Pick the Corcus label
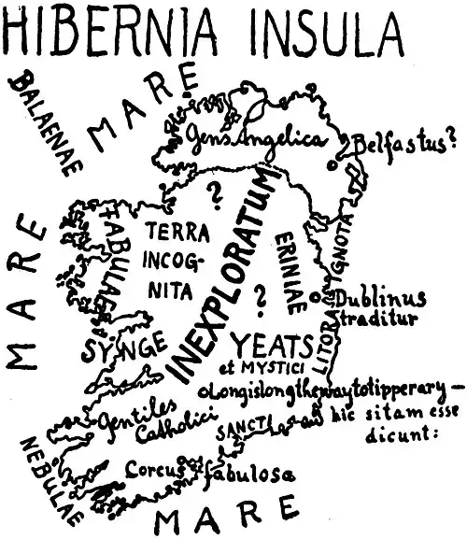(x=149, y=470)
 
